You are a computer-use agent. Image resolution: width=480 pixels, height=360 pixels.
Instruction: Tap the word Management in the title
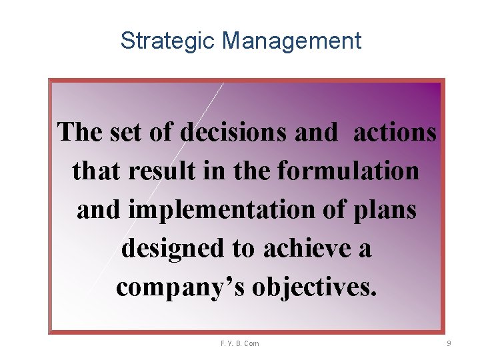[x=291, y=41]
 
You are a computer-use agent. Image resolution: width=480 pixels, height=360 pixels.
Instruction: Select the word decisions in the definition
[x=234, y=132]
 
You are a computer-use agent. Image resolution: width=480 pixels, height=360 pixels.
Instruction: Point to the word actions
[x=395, y=132]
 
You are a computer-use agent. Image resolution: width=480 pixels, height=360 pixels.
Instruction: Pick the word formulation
[x=348, y=171]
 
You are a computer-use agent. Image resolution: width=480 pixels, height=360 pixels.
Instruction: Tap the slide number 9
[x=449, y=343]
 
